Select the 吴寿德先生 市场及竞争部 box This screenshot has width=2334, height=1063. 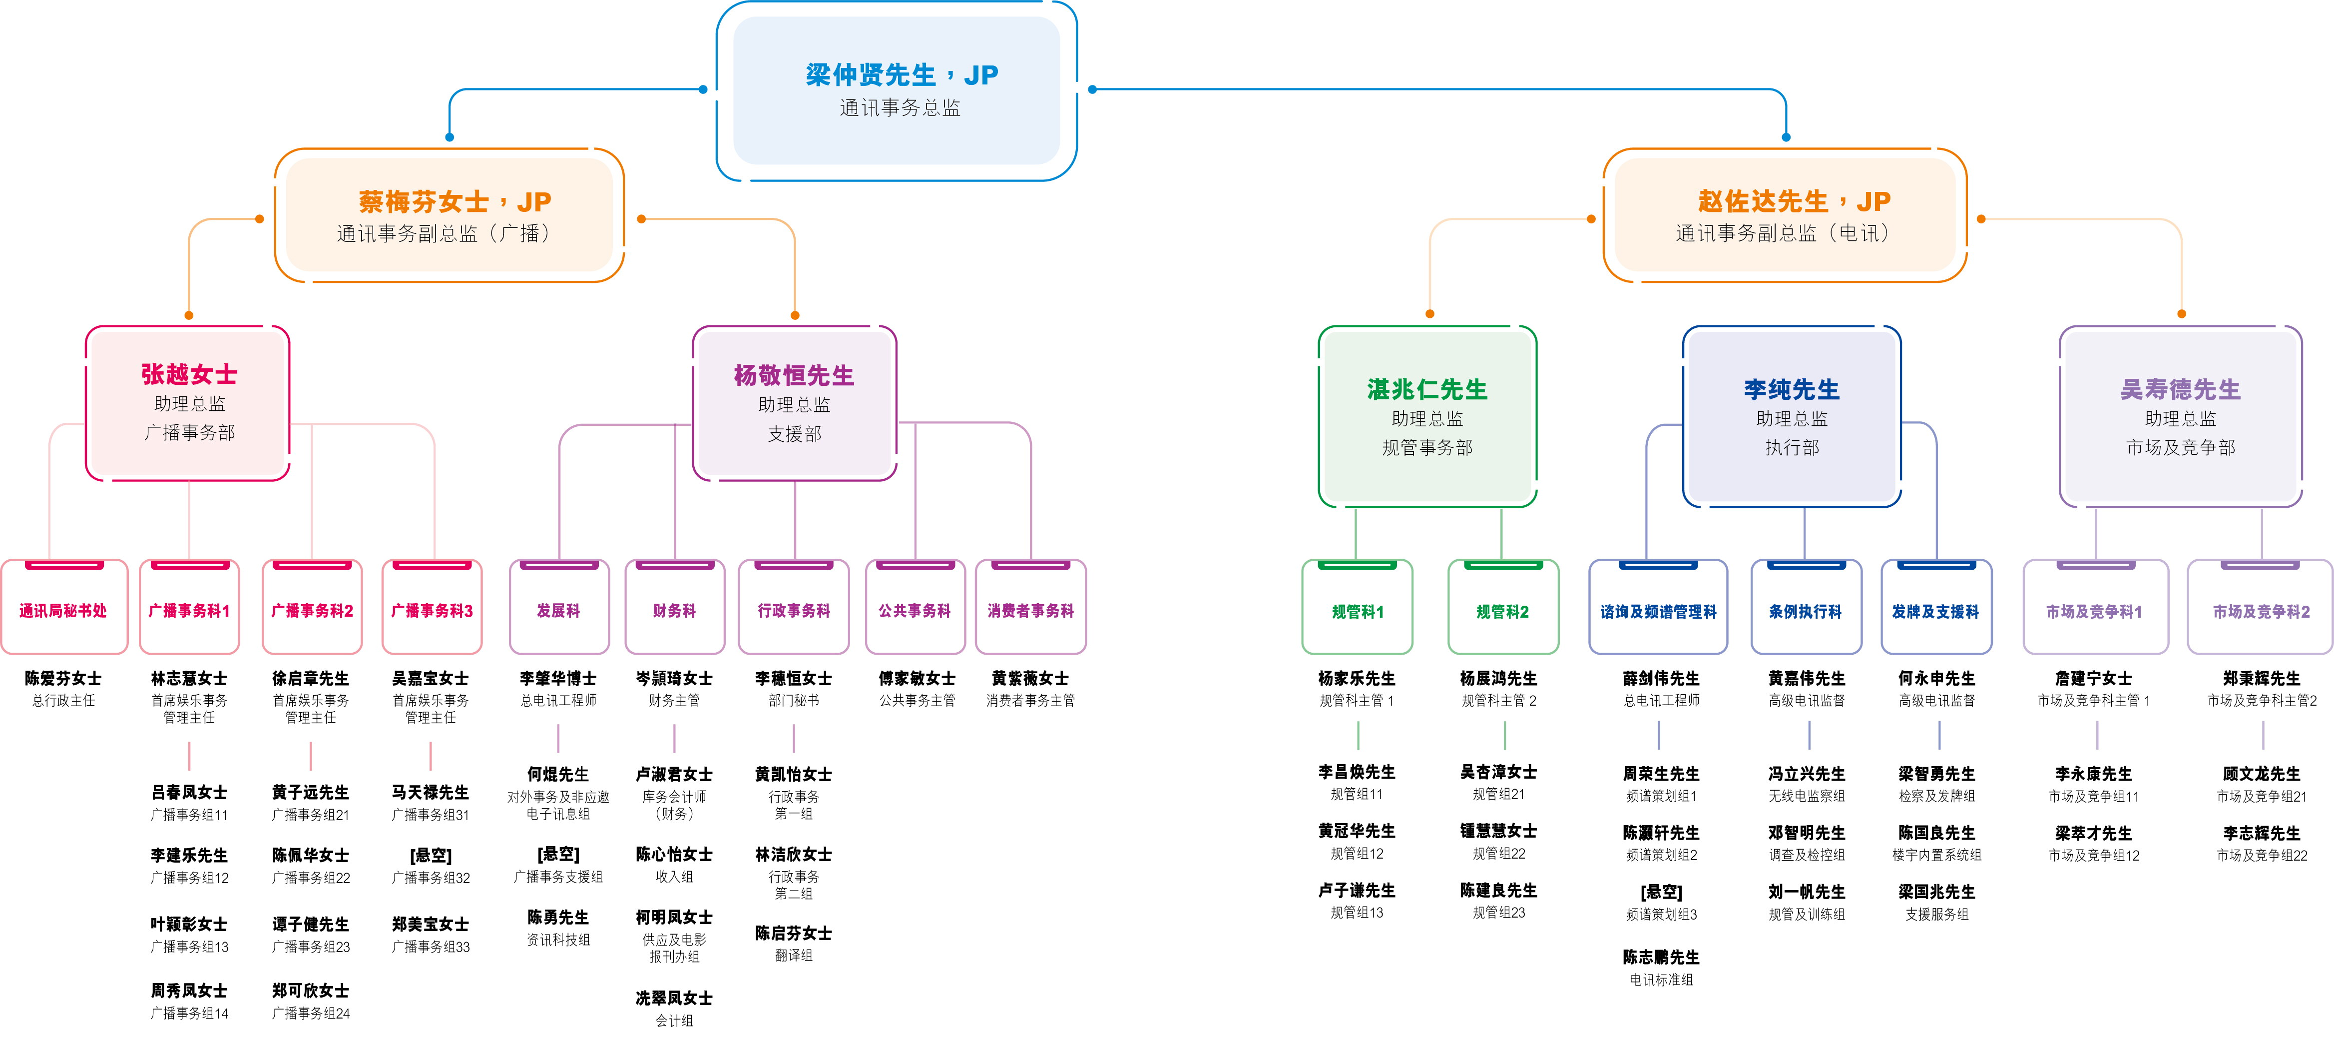2180,417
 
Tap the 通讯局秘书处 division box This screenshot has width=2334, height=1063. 63,610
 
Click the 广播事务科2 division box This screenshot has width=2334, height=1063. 312,610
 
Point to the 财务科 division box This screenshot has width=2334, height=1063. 674,610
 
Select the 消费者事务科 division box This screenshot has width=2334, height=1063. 1030,610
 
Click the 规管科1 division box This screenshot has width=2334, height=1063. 1357,611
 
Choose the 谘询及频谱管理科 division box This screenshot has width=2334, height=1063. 1658,611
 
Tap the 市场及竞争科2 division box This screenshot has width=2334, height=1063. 2261,611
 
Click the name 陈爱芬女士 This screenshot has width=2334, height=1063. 63,678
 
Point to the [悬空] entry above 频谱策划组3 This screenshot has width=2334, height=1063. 1661,892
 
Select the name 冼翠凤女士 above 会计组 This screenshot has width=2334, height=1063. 674,998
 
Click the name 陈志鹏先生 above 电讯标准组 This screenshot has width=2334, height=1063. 1661,957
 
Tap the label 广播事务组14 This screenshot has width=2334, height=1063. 189,1013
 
